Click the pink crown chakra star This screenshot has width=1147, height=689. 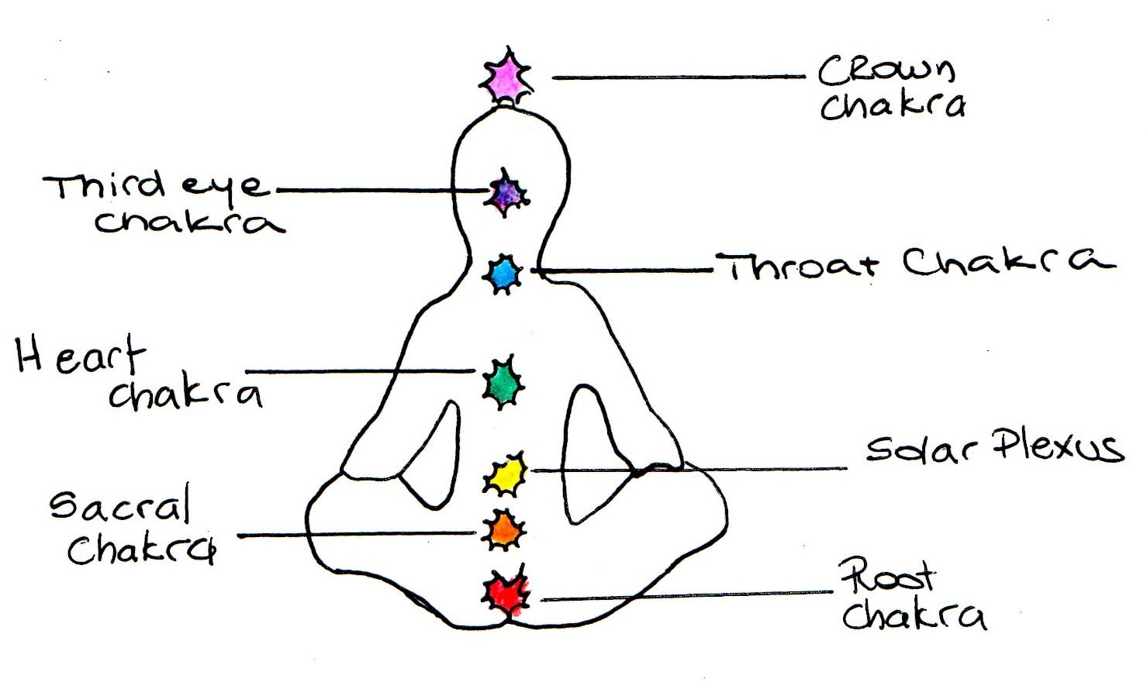[x=506, y=75]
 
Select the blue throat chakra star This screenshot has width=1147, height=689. [x=503, y=274]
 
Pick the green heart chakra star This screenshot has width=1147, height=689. [x=503, y=381]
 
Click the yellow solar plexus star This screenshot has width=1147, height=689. [x=506, y=474]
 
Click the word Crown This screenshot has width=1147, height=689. [x=886, y=71]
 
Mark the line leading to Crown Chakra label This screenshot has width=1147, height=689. [x=679, y=77]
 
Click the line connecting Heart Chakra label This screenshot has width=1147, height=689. [x=361, y=371]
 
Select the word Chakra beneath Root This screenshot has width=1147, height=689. [x=914, y=616]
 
